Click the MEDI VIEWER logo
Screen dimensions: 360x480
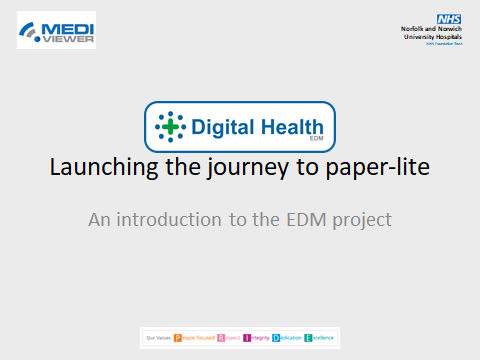pos(56,29)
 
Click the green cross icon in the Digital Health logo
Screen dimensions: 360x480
pos(171,127)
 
